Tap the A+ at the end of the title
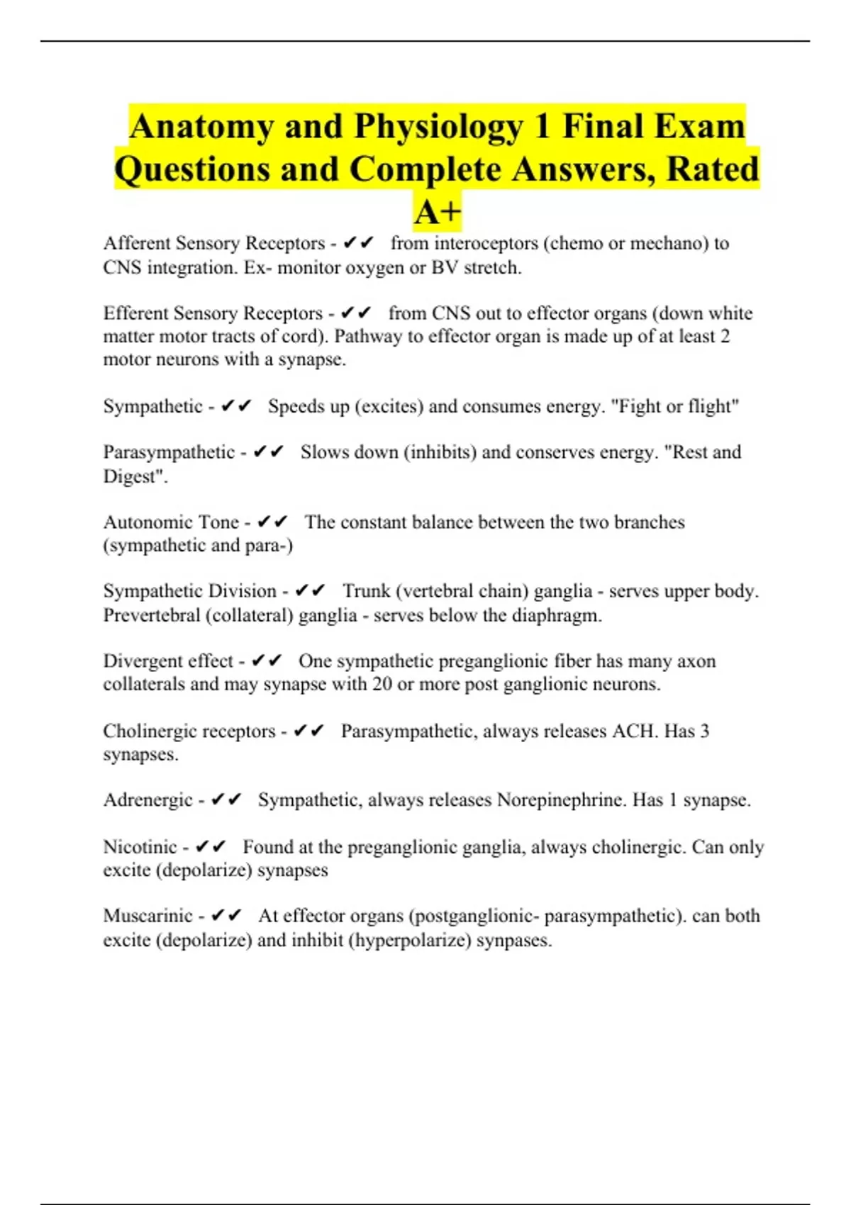point(438,212)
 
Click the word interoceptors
point(486,243)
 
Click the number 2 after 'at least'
point(725,336)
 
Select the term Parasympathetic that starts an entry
point(169,452)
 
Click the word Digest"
point(135,476)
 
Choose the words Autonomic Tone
point(171,522)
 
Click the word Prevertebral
point(151,615)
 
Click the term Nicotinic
point(140,847)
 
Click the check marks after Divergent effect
point(267,661)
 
